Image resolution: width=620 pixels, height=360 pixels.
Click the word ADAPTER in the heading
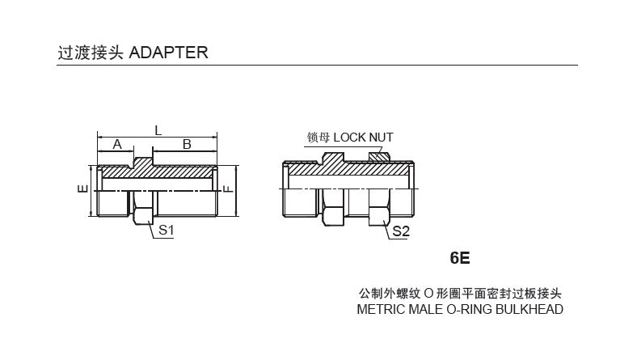click(168, 53)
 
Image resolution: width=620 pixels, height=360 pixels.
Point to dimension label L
click(158, 129)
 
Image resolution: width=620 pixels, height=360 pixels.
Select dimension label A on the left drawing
click(117, 144)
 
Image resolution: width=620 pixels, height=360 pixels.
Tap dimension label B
click(186, 144)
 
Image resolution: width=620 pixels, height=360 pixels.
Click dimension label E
click(82, 190)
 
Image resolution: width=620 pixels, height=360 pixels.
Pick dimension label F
click(229, 190)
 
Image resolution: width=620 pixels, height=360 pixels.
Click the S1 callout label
click(166, 230)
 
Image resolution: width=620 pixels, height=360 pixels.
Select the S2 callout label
click(402, 231)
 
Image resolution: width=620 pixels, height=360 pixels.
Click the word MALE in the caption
click(425, 309)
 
